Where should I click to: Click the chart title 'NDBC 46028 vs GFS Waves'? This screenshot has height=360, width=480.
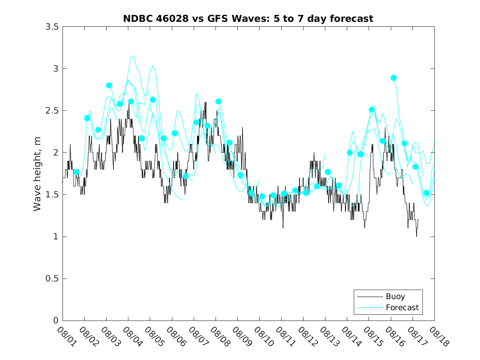(248, 19)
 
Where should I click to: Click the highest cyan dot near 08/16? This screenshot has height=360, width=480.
(394, 78)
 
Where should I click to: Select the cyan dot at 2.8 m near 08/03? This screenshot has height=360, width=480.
(109, 85)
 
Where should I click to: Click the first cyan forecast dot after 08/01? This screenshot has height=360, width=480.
(76, 172)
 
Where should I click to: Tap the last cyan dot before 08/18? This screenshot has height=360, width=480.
(426, 193)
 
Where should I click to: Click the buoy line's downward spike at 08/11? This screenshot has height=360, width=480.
(283, 228)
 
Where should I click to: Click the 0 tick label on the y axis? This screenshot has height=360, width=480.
(56, 321)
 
